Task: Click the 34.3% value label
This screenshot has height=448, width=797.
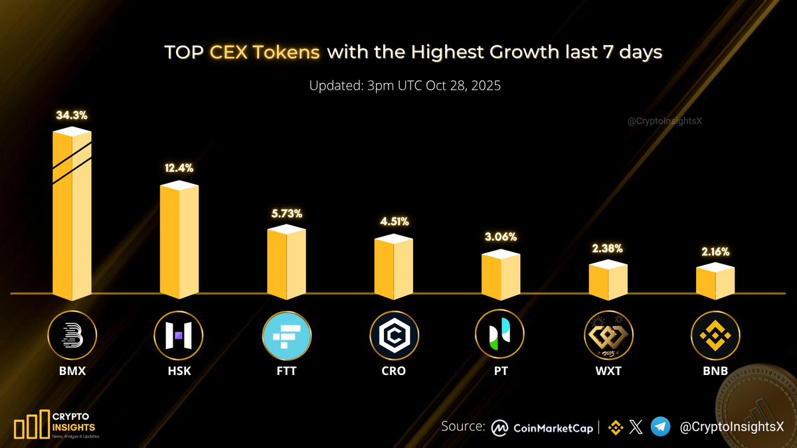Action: click(72, 115)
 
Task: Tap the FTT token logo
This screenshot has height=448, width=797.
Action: click(286, 335)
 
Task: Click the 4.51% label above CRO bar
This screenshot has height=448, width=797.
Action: click(394, 222)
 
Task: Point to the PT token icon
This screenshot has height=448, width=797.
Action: click(501, 335)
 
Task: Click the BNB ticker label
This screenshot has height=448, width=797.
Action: click(715, 371)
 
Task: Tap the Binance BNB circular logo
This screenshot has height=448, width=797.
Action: click(715, 335)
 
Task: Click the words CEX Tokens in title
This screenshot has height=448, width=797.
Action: click(266, 52)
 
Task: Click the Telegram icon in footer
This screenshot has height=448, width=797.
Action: click(660, 427)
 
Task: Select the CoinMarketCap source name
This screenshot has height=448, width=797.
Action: click(553, 428)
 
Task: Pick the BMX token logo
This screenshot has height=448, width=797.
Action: click(72, 335)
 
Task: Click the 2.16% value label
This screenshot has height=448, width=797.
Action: click(715, 252)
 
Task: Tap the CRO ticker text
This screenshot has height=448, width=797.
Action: click(394, 371)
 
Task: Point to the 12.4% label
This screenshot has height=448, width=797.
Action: click(179, 169)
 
